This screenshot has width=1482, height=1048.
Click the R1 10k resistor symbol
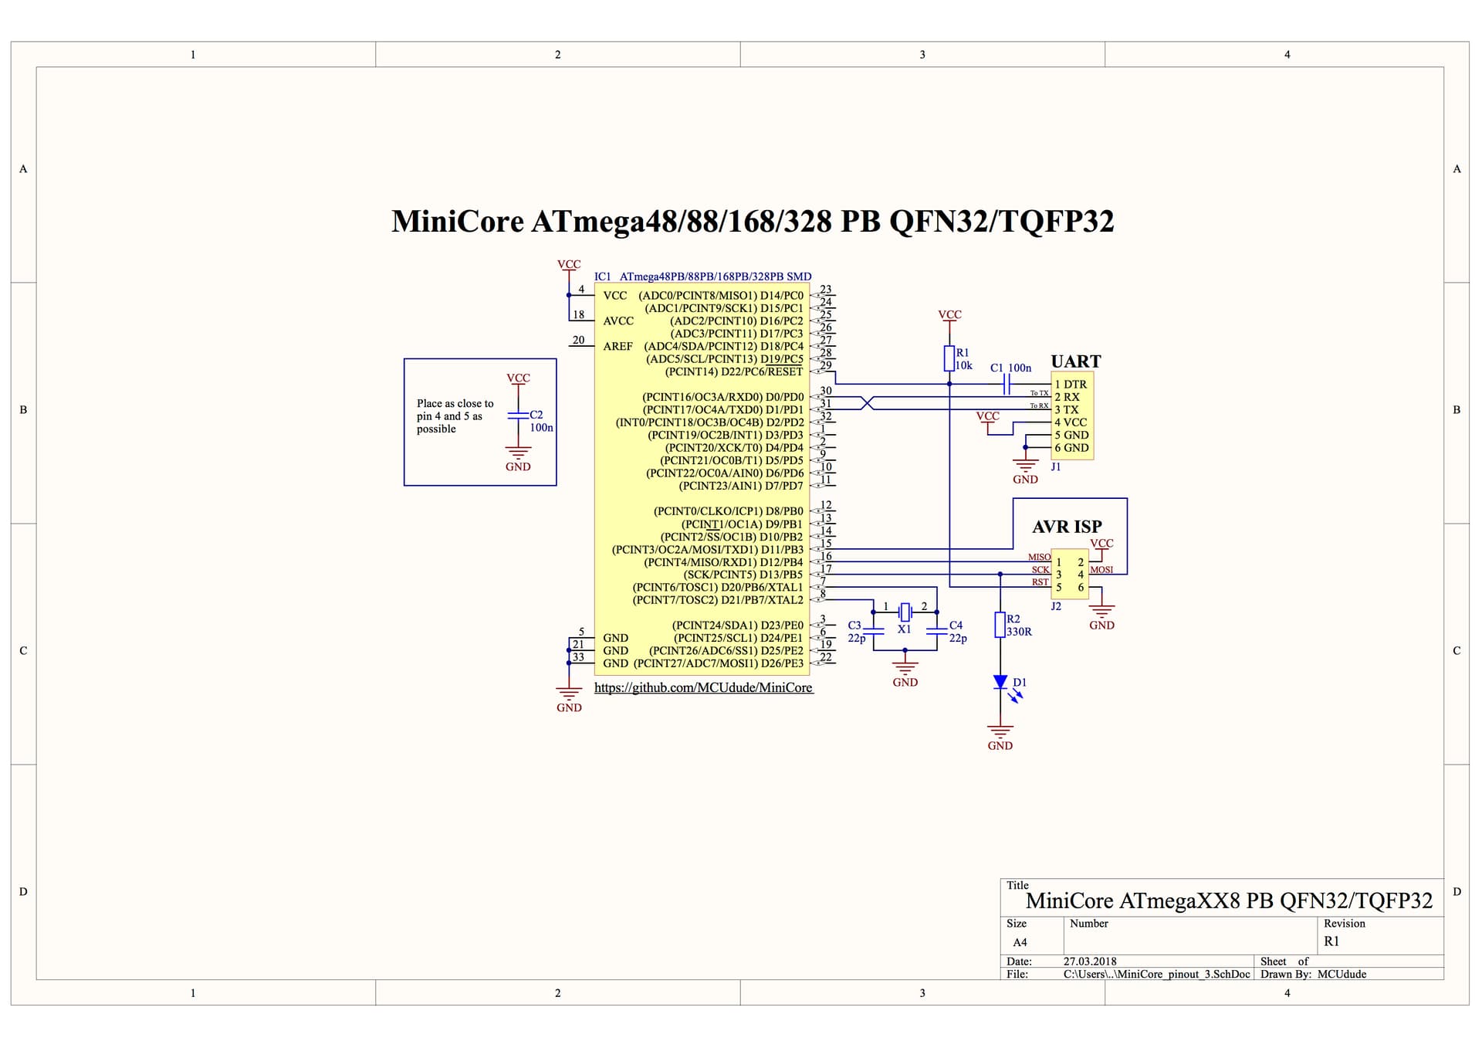[949, 358]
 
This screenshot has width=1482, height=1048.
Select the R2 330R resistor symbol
[1000, 625]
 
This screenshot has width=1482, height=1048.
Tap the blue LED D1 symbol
[1000, 682]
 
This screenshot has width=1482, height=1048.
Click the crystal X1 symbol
[905, 612]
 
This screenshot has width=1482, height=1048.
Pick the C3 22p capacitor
[873, 631]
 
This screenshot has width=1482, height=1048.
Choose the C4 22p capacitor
[936, 631]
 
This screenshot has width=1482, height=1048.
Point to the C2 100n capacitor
[518, 415]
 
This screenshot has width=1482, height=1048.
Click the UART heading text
[1075, 361]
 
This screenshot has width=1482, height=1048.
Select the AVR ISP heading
[1067, 527]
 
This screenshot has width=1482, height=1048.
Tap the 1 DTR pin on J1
[1071, 384]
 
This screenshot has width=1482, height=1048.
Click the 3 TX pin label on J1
[1067, 409]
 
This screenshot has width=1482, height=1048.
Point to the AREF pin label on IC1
[617, 346]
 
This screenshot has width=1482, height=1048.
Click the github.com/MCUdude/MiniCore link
[703, 687]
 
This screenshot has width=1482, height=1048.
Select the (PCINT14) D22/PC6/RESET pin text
[733, 371]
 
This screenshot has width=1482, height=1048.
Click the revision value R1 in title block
[1331, 941]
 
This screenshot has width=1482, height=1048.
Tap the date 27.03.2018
[1090, 962]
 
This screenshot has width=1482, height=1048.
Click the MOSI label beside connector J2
[1101, 570]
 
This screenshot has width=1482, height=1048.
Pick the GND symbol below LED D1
[1000, 734]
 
